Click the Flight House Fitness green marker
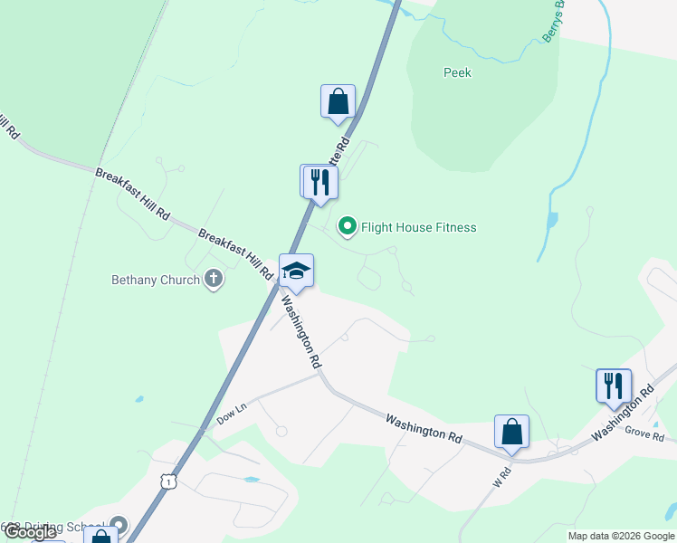point(347,227)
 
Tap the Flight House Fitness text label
point(418,228)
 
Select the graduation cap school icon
point(296,270)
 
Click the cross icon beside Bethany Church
point(214,280)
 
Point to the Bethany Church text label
point(155,281)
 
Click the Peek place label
point(457,72)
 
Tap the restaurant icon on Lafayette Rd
point(319,181)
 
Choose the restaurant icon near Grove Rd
point(613,386)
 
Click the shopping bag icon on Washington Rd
point(511,432)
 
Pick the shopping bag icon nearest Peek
point(338,101)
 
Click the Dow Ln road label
point(232,417)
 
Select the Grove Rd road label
point(644,435)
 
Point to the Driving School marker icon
point(119,525)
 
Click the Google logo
point(29,532)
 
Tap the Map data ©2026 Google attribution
point(620,536)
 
